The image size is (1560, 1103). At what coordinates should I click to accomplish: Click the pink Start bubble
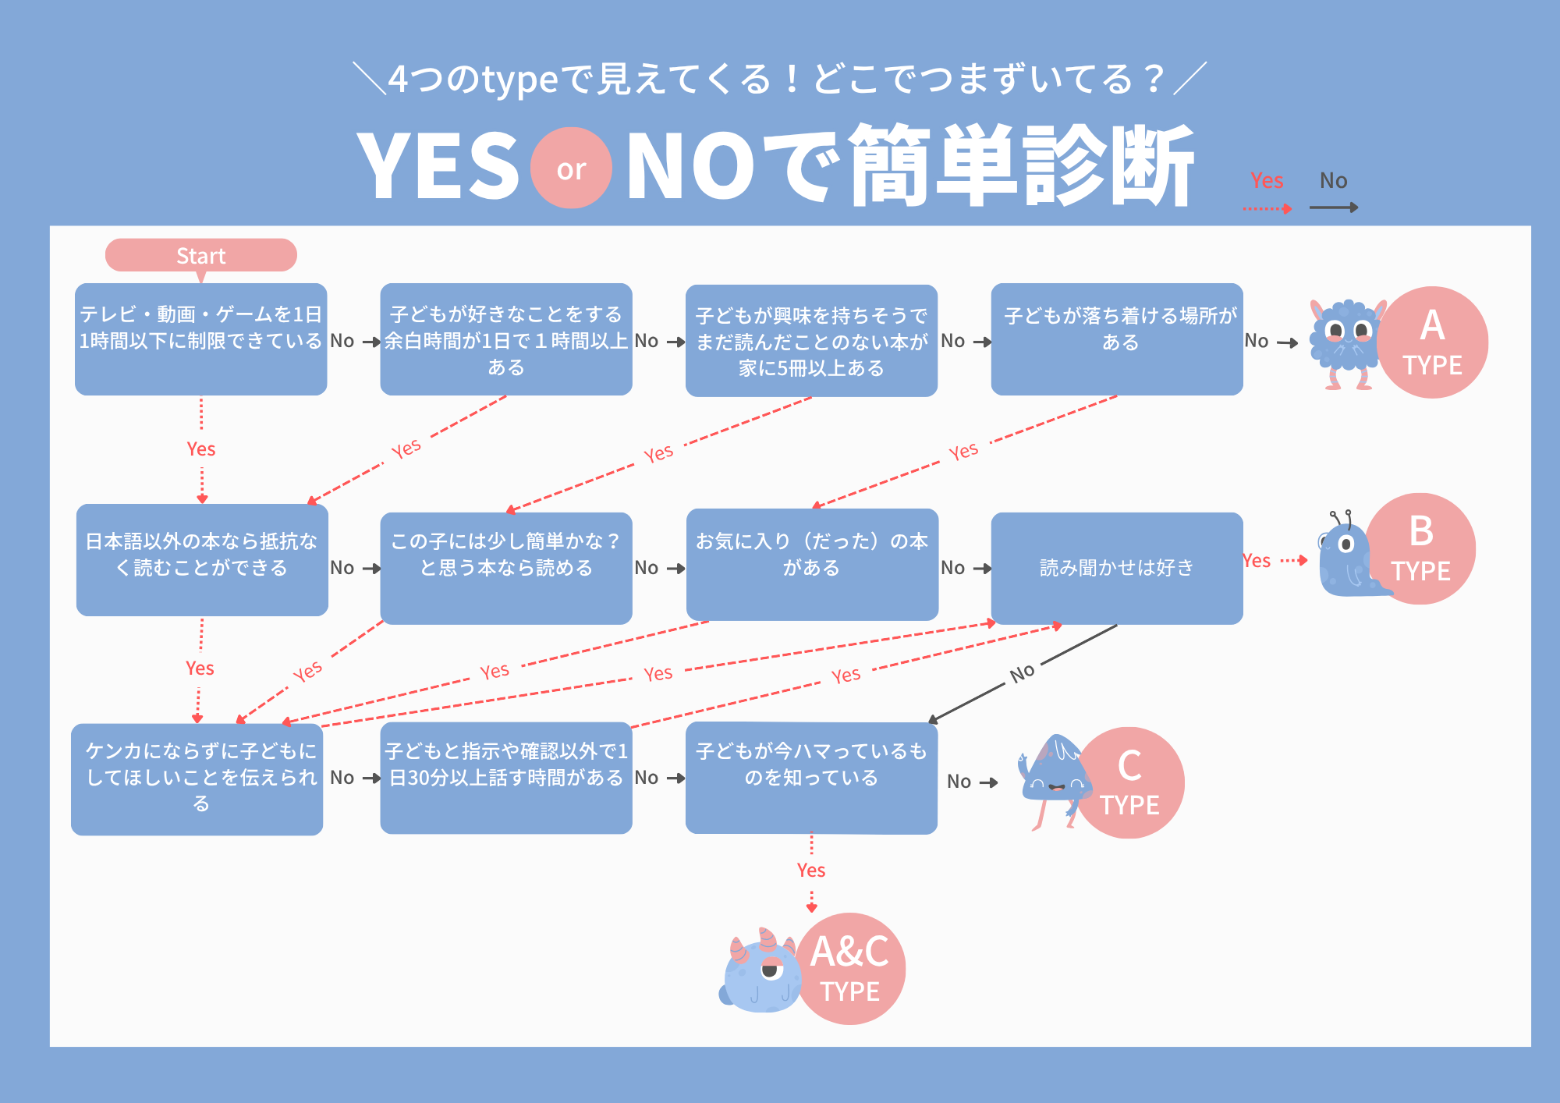coord(200,255)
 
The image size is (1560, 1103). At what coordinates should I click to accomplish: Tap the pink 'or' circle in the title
coord(571,168)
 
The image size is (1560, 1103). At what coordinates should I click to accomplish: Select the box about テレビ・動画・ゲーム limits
coord(200,339)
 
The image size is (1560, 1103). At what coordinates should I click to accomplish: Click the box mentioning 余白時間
coord(505,339)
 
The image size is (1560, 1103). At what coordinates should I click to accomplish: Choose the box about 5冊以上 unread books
coord(811,341)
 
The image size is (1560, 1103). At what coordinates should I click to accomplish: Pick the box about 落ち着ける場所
coord(1116,339)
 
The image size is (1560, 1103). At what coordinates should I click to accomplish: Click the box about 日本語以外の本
coord(202,560)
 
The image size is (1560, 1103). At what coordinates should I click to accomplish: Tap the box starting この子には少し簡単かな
coord(505,568)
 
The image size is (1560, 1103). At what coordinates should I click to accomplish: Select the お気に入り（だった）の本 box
coord(812,564)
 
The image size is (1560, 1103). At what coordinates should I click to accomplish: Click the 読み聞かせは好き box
coord(1116,568)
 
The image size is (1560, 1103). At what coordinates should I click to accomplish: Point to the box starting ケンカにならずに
coord(197,779)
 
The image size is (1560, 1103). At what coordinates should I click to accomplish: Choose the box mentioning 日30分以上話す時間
coord(505,778)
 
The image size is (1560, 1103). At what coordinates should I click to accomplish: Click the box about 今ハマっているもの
coord(811,778)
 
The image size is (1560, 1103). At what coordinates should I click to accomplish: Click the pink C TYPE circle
coord(1130,782)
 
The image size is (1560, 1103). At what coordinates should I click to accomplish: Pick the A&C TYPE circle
coord(851,968)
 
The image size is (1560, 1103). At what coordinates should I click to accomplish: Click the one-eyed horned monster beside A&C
coord(760,974)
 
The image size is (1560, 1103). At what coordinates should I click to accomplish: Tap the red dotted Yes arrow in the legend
coord(1267,208)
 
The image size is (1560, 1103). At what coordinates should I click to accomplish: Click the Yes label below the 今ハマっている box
coord(811,870)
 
